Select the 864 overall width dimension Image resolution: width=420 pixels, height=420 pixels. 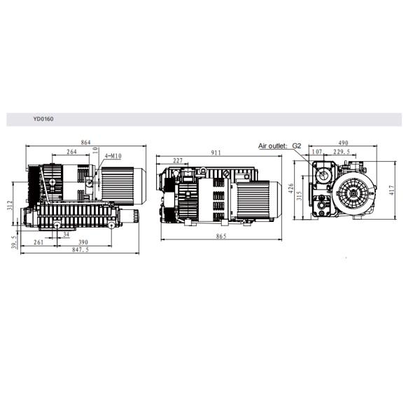point(85,143)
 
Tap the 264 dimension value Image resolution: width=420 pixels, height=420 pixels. point(72,152)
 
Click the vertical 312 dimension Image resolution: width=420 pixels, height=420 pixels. point(10,204)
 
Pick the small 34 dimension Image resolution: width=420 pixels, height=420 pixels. point(66,234)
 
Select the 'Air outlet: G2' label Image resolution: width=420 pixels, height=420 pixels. point(279,146)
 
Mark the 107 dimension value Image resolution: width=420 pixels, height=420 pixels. point(317,152)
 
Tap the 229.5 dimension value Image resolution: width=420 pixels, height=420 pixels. point(343,152)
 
